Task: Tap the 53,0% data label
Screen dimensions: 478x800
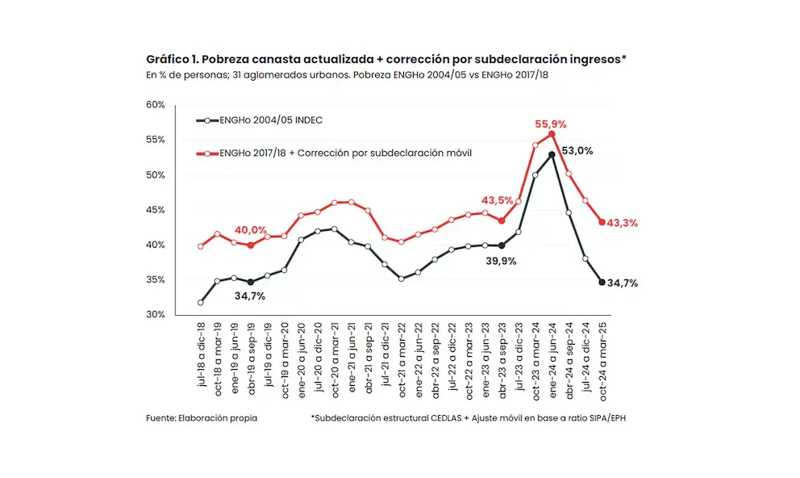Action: pyautogui.click(x=577, y=150)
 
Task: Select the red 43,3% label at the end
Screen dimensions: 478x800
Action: pyautogui.click(x=622, y=222)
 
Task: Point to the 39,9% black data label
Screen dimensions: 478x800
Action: pyautogui.click(x=500, y=261)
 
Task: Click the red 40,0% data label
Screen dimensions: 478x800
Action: pyautogui.click(x=251, y=230)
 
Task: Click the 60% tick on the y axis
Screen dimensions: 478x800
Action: pyautogui.click(x=156, y=105)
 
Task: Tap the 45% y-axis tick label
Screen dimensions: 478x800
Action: pyautogui.click(x=156, y=210)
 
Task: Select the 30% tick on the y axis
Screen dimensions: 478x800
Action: pyautogui.click(x=156, y=315)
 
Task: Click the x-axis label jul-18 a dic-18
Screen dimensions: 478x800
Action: pyautogui.click(x=201, y=355)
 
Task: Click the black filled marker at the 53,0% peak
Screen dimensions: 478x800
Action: pyautogui.click(x=552, y=154)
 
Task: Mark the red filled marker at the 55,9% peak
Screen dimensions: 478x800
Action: pyautogui.click(x=552, y=134)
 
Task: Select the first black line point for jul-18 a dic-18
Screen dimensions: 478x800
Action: pyautogui.click(x=200, y=303)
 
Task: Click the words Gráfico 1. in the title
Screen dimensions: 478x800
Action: pyautogui.click(x=173, y=60)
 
